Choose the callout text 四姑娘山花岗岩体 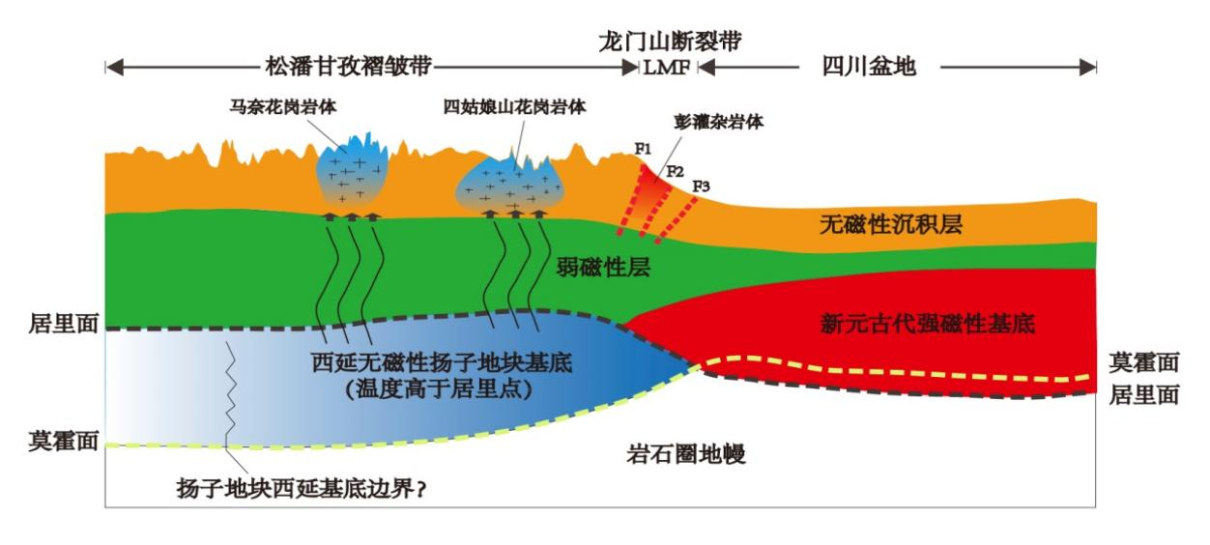pyautogui.click(x=515, y=106)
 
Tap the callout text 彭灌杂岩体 pyautogui.click(x=721, y=124)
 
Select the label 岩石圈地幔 pyautogui.click(x=685, y=454)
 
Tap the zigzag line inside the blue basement pyautogui.click(x=230, y=396)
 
